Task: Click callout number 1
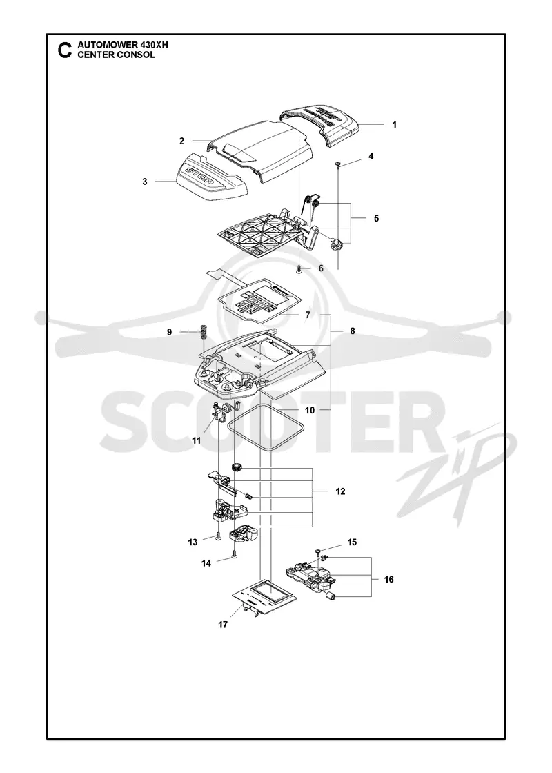coord(394,125)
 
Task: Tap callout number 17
coord(223,625)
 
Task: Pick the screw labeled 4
coord(339,164)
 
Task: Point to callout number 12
coord(340,491)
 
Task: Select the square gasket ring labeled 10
coord(266,426)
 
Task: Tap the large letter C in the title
coord(65,51)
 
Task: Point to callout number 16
coord(389,579)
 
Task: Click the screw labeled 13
coord(217,538)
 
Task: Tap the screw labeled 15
coord(318,551)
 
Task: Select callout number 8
coord(353,331)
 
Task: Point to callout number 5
coord(377,218)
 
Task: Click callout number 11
coord(197,441)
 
